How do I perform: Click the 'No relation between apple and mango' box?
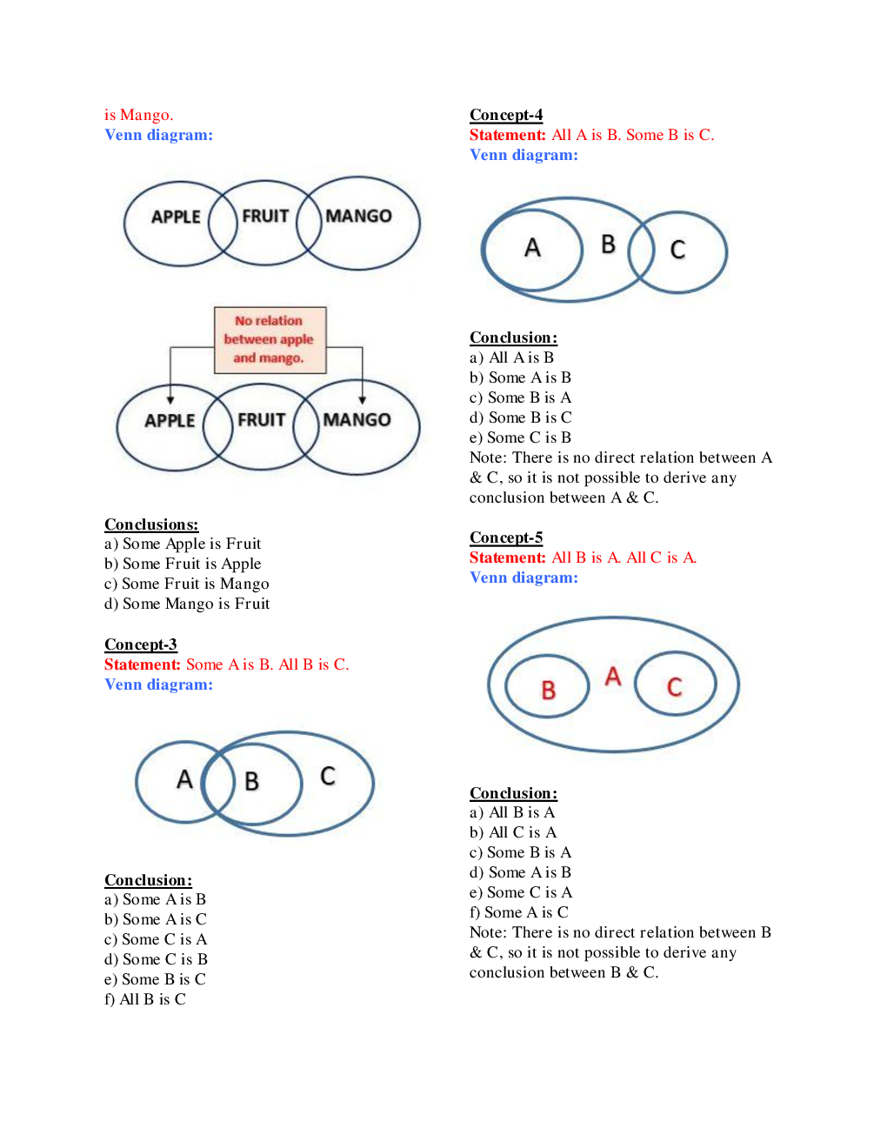(x=270, y=339)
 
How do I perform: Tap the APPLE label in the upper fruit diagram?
(x=176, y=217)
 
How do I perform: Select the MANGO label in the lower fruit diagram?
(x=357, y=420)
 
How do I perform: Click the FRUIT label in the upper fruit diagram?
(x=265, y=216)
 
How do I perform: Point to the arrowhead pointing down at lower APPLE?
(x=170, y=399)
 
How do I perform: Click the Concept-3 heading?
(x=141, y=644)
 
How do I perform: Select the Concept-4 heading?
(x=506, y=115)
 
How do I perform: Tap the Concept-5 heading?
(x=506, y=537)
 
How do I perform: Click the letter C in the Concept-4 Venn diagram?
(x=677, y=250)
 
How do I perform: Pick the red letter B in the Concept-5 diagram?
(x=548, y=691)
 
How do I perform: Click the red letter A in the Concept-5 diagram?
(x=613, y=676)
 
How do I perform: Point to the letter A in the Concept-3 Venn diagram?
(x=184, y=779)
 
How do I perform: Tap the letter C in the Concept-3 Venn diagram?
(x=327, y=776)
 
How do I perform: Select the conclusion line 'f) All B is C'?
(x=145, y=999)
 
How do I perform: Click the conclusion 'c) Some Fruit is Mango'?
(x=187, y=584)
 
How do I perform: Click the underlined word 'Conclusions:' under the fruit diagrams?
(x=151, y=524)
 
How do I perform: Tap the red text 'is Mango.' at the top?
(x=138, y=115)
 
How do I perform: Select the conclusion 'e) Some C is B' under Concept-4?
(x=520, y=437)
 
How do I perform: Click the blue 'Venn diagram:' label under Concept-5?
(x=524, y=577)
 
